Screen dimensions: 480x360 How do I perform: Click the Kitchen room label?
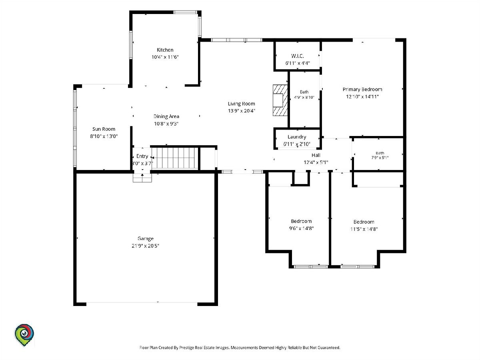click(165, 50)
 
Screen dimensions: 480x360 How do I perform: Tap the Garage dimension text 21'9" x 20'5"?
click(145, 246)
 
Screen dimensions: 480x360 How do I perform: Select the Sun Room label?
click(104, 129)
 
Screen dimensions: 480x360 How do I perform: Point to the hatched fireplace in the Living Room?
click(280, 100)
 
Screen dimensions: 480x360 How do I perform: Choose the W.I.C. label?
click(298, 56)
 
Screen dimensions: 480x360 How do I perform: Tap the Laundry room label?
click(297, 137)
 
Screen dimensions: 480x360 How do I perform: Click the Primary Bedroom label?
click(362, 89)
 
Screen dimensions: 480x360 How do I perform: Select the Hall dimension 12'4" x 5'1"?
click(316, 162)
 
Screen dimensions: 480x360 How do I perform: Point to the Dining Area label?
click(166, 116)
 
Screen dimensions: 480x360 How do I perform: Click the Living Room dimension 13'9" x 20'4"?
click(242, 111)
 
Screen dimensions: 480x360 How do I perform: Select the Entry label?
click(142, 156)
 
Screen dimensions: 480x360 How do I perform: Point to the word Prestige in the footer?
click(186, 348)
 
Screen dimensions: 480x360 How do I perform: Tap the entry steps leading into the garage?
click(142, 178)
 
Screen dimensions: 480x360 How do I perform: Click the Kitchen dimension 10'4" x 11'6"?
click(165, 57)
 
